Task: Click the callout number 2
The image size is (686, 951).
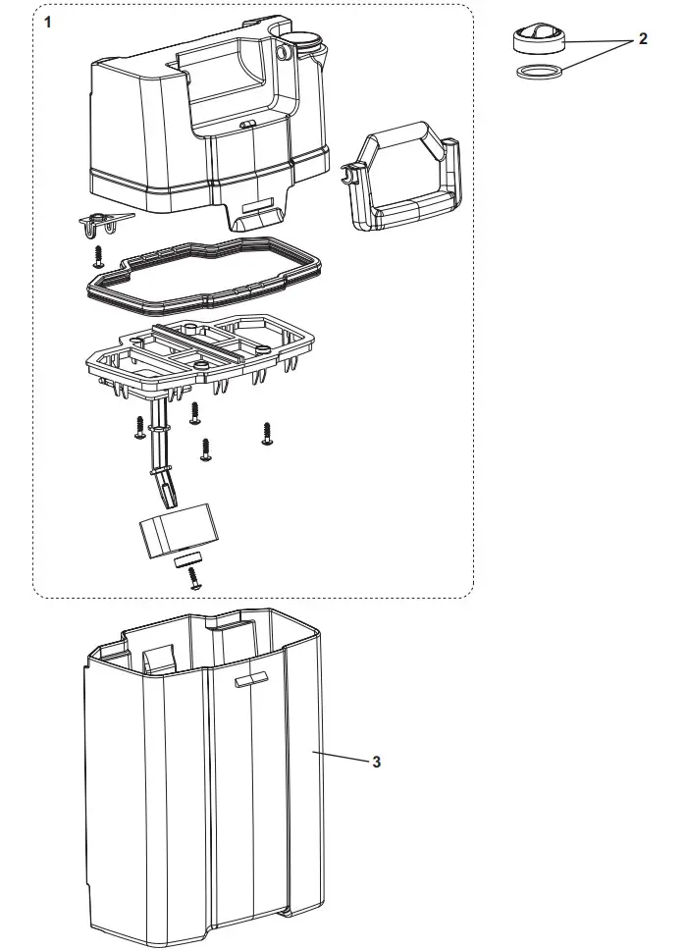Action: point(643,38)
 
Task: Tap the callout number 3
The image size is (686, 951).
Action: point(376,762)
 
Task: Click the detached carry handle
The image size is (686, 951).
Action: point(401,182)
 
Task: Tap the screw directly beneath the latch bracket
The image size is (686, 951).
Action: point(98,256)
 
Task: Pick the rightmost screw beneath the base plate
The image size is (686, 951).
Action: point(266,433)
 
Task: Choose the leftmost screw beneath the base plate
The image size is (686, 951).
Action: point(139,426)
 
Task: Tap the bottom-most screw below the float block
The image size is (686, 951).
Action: point(193,580)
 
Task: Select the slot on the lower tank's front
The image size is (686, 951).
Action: point(252,679)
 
